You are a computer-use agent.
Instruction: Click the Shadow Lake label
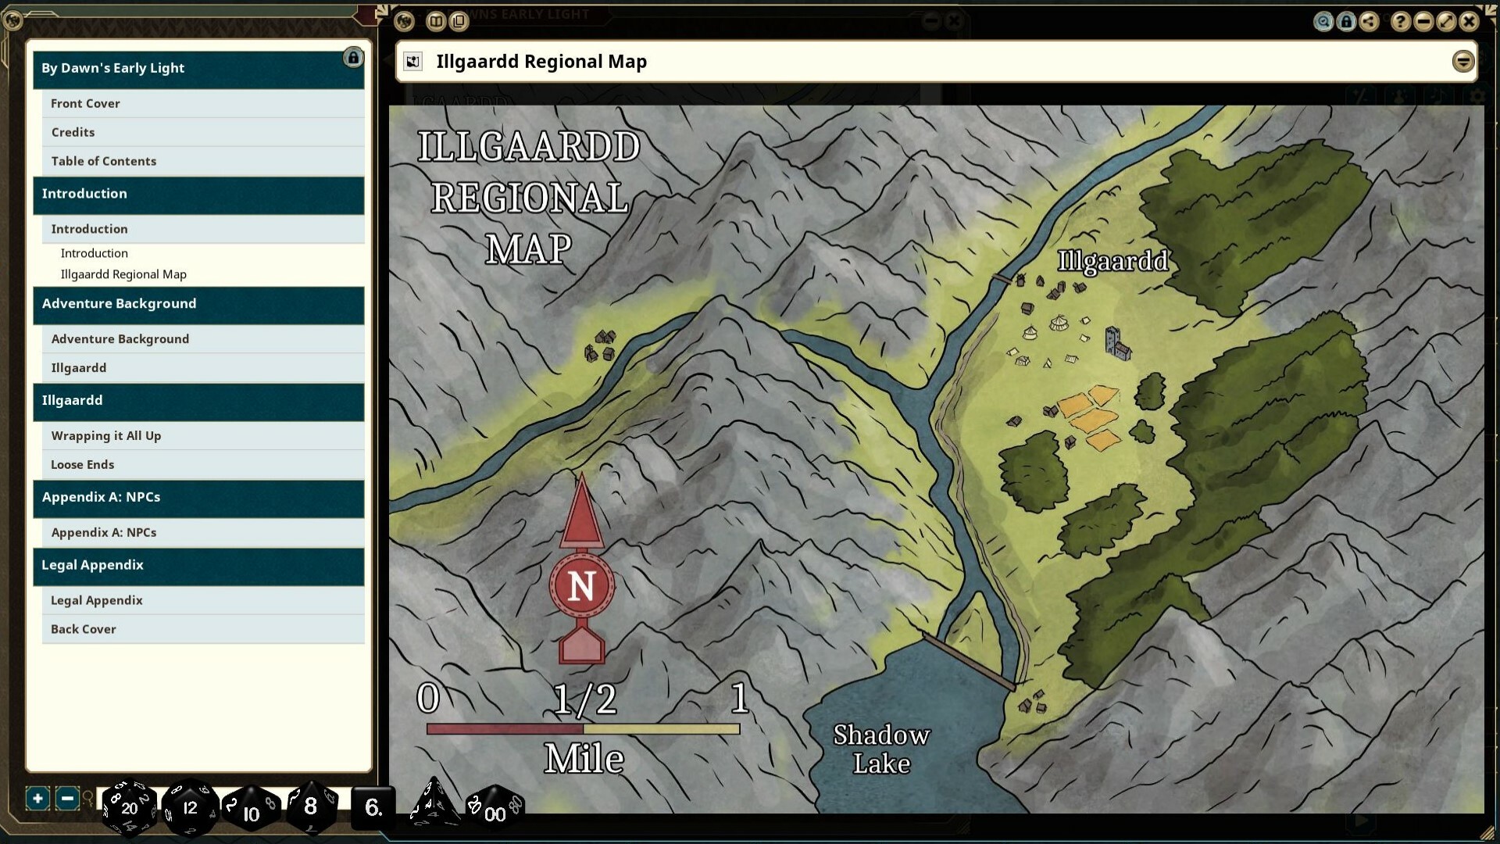(x=881, y=749)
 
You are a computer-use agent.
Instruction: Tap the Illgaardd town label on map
(x=1112, y=261)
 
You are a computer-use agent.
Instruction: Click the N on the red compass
(x=581, y=585)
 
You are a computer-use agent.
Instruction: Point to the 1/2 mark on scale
(x=584, y=699)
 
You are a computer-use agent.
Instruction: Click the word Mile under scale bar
(x=584, y=758)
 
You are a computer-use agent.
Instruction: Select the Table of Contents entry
(x=104, y=161)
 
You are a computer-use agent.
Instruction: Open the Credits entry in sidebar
(x=73, y=132)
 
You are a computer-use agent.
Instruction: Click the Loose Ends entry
(x=82, y=464)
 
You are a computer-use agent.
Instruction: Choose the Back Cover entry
(x=83, y=629)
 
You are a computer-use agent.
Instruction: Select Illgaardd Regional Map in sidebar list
(x=123, y=274)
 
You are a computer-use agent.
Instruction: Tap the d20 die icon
(x=129, y=807)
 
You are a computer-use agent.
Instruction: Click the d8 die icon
(x=310, y=806)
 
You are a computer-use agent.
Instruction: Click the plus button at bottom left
(x=37, y=798)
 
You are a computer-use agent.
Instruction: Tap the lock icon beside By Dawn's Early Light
(x=353, y=58)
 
